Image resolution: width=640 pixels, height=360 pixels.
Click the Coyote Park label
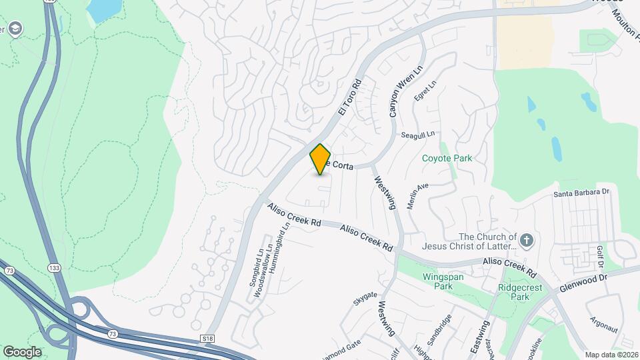click(x=447, y=158)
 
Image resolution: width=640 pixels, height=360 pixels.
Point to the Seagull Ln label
click(x=418, y=135)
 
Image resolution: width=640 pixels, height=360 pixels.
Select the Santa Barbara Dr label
click(x=582, y=193)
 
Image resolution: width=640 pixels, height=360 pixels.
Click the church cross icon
click(x=527, y=241)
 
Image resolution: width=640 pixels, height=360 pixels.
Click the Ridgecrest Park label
click(x=523, y=293)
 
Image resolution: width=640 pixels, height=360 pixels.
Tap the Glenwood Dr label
click(x=585, y=284)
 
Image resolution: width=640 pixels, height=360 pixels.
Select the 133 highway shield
click(x=54, y=267)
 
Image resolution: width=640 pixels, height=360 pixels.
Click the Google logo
click(x=22, y=352)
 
